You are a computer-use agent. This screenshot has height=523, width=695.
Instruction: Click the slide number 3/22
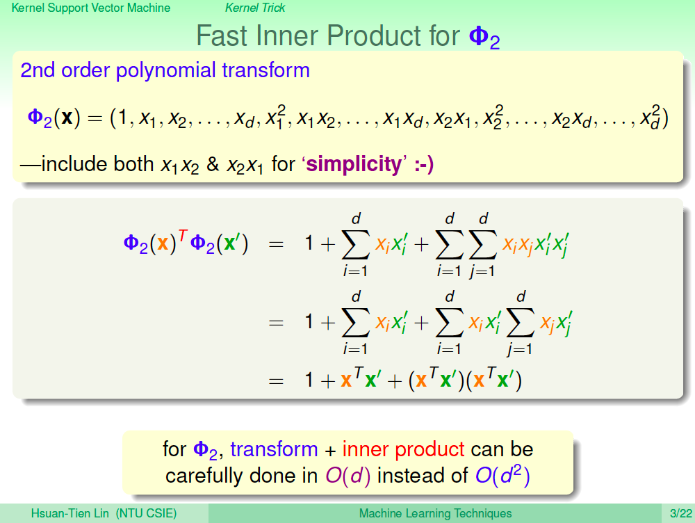pos(681,514)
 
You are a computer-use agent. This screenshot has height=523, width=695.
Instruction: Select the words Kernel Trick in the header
pos(255,8)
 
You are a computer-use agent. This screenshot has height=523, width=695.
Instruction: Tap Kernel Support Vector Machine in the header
pos(91,8)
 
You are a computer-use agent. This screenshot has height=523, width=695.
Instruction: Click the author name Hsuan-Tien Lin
pos(69,514)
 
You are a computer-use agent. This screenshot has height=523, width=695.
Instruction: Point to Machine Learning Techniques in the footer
pos(435,514)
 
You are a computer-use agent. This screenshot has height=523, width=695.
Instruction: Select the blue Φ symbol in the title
pos(479,35)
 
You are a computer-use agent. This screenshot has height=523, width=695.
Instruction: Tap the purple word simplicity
pos(354,164)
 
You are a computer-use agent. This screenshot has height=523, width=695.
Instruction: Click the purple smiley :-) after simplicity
pos(424,165)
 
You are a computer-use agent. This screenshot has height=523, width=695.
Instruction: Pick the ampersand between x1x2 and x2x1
pos(213,164)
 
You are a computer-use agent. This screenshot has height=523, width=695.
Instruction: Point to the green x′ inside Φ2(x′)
pos(232,243)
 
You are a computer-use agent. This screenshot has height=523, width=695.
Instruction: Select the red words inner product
pos(403,450)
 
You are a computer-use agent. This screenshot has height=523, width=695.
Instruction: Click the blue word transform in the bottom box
pos(274,449)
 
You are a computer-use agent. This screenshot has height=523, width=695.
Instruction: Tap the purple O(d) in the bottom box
pos(348,476)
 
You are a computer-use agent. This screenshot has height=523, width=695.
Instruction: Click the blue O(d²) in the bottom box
pos(502,474)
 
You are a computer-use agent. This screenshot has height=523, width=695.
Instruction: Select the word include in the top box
pos(75,163)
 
